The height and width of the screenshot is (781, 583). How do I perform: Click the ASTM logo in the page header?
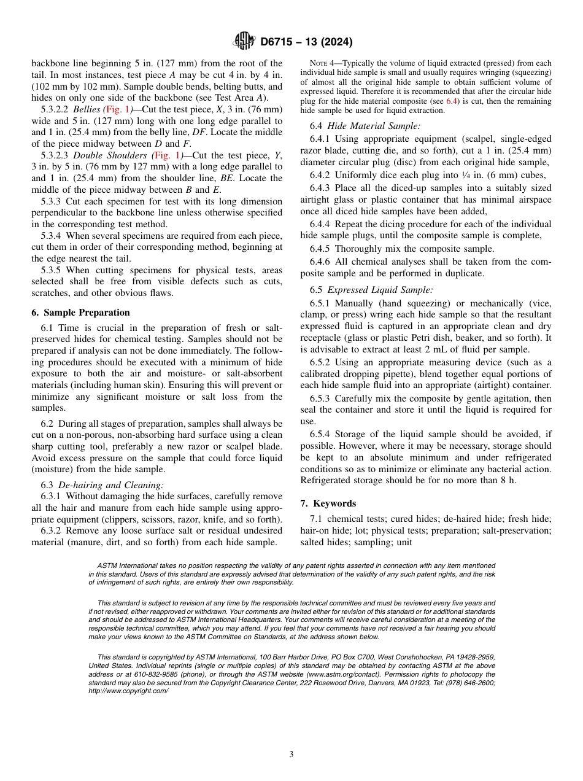tap(244, 42)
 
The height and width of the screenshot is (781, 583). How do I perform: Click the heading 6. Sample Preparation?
tap(80, 313)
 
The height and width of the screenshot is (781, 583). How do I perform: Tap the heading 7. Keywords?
tap(328, 503)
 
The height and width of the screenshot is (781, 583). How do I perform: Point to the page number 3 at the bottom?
tap(291, 754)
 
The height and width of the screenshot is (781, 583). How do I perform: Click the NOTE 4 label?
tap(323, 63)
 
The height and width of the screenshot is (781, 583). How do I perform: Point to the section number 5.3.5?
tap(52, 270)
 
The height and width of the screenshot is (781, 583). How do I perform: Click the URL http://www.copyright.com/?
tap(128, 691)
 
